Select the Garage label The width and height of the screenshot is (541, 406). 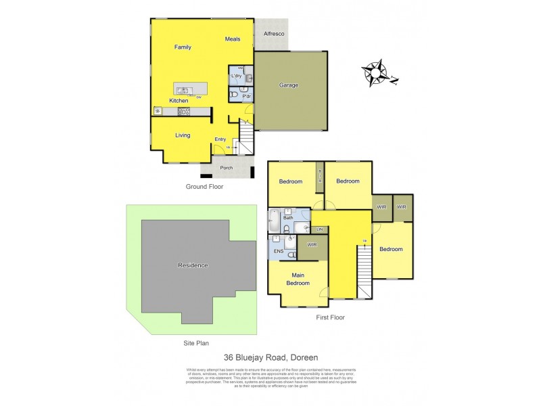click(x=289, y=85)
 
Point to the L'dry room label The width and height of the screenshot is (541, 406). click(x=237, y=76)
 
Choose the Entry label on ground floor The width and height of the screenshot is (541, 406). click(x=220, y=139)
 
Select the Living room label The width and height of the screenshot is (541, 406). click(x=183, y=135)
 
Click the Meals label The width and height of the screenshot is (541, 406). click(x=233, y=39)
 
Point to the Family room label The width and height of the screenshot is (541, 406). click(x=183, y=47)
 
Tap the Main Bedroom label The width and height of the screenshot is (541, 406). click(x=297, y=279)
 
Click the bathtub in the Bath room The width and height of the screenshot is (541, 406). click(x=274, y=221)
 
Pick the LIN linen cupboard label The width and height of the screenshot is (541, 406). click(x=319, y=231)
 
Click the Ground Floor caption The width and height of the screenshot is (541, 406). click(x=204, y=186)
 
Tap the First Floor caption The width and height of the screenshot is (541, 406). click(x=331, y=317)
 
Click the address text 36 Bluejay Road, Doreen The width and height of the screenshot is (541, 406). click(x=270, y=357)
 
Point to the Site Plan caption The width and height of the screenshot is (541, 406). click(x=197, y=343)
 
